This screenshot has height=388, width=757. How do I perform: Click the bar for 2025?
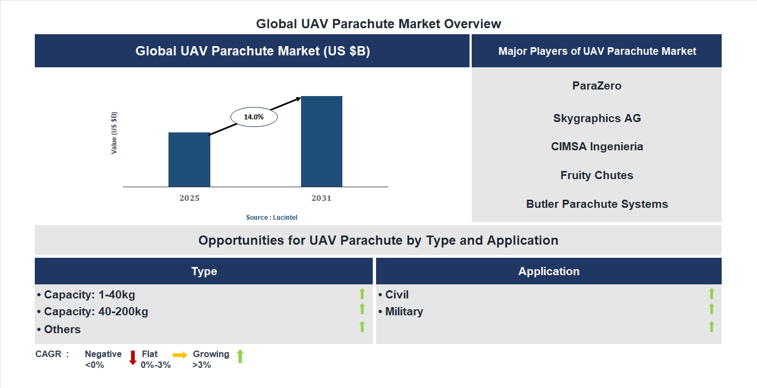(189, 160)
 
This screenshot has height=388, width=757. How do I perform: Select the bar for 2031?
(322, 142)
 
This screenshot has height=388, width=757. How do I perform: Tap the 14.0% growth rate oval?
(254, 117)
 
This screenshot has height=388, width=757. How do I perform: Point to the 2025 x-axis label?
(189, 198)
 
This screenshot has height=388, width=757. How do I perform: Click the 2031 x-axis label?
(321, 198)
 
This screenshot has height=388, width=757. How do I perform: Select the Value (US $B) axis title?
(114, 133)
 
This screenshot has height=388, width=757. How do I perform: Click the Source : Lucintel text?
(272, 217)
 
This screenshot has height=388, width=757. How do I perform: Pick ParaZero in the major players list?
(597, 86)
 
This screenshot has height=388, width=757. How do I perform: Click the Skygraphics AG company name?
(597, 118)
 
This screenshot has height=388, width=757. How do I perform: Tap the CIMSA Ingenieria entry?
(597, 147)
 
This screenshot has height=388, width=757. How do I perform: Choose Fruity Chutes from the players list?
(597, 175)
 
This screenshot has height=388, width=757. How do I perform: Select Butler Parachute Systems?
(597, 204)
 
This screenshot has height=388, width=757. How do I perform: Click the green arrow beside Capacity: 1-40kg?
(362, 294)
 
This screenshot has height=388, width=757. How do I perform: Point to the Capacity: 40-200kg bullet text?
(92, 311)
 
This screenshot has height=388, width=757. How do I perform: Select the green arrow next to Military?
(711, 309)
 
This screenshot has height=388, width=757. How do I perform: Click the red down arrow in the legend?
(133, 358)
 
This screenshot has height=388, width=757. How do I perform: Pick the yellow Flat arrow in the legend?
(180, 355)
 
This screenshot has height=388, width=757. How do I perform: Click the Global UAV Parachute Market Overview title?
(379, 24)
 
